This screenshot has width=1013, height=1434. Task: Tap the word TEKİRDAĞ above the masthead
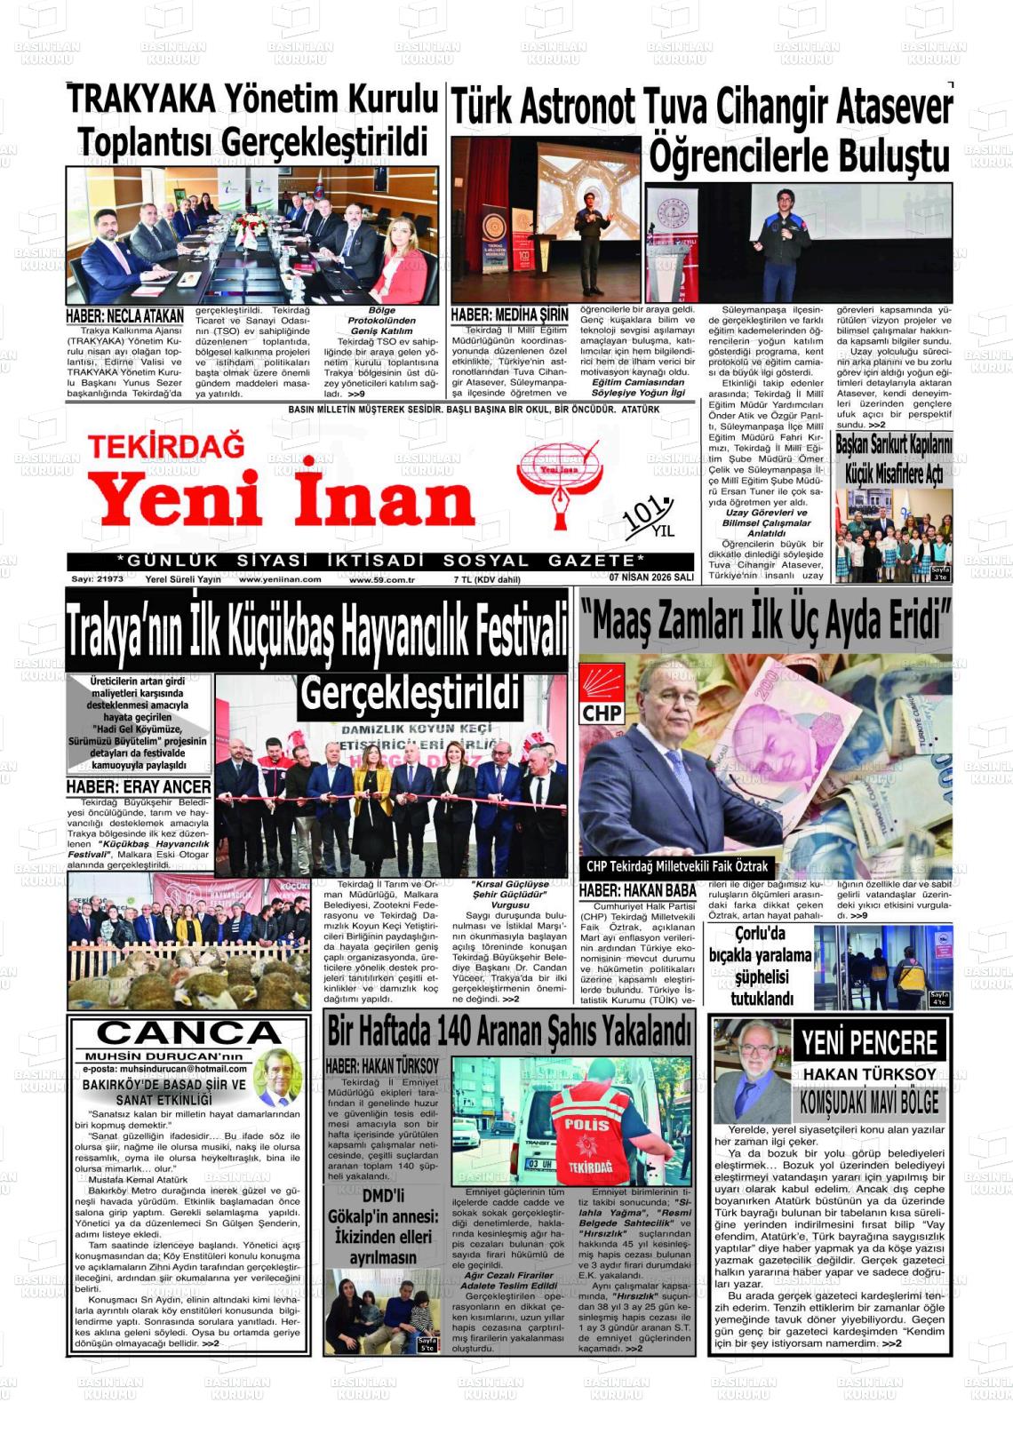166,444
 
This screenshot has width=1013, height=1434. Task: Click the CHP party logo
602,695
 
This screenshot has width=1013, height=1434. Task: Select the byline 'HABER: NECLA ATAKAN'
125,316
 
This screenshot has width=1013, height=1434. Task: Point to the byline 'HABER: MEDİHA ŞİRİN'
509,315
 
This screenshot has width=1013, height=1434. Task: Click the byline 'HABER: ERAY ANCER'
139,787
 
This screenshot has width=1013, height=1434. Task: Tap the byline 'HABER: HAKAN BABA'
637,890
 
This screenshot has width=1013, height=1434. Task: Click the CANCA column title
188,1033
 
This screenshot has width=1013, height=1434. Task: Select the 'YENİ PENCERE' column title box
869,1042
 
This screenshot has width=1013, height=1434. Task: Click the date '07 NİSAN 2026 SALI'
651,578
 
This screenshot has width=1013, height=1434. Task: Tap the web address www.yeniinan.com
279,579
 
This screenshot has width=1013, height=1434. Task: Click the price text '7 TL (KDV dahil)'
487,579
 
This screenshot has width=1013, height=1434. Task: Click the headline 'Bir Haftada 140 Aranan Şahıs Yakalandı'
509,1032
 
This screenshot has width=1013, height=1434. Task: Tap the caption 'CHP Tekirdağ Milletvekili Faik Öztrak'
677,866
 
